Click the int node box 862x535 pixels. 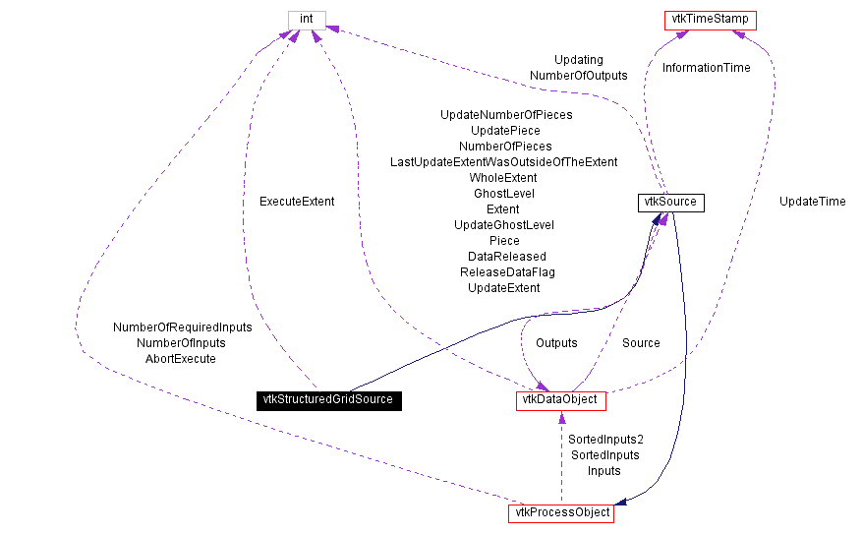[x=306, y=20]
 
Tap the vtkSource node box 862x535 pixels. [x=670, y=203]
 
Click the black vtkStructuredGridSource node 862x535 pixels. [x=327, y=400]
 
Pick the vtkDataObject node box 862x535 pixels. [x=560, y=400]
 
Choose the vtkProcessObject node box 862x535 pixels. [x=560, y=513]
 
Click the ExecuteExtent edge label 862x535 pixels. [x=297, y=202]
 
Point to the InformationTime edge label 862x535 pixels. [x=706, y=68]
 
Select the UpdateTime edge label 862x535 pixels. [x=812, y=202]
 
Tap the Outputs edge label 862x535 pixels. [x=556, y=343]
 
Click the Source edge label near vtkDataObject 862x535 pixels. [x=641, y=343]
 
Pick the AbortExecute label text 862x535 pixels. [x=181, y=359]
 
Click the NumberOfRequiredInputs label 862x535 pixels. [x=183, y=327]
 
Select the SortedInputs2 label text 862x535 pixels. [x=605, y=440]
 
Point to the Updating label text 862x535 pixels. [x=578, y=60]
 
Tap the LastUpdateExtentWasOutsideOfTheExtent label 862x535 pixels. [x=503, y=162]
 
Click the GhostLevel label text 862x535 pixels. [x=503, y=194]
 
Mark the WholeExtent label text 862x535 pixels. [x=503, y=178]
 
